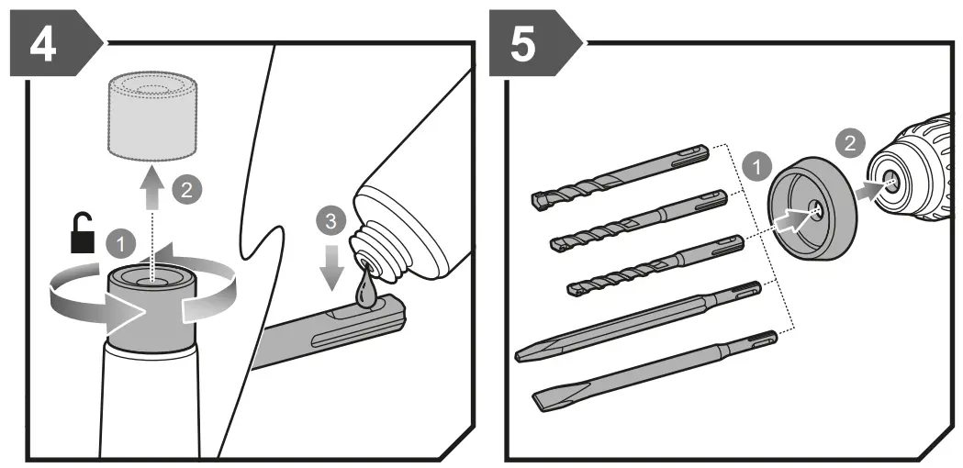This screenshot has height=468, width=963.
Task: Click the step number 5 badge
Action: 524,44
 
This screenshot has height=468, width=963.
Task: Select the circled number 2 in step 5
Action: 849,142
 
